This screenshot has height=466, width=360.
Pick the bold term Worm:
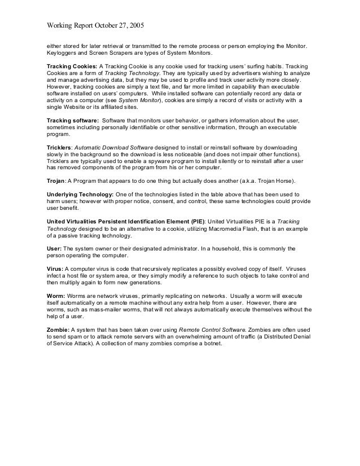click(x=55, y=296)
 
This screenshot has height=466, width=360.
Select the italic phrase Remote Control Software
click(x=211, y=329)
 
